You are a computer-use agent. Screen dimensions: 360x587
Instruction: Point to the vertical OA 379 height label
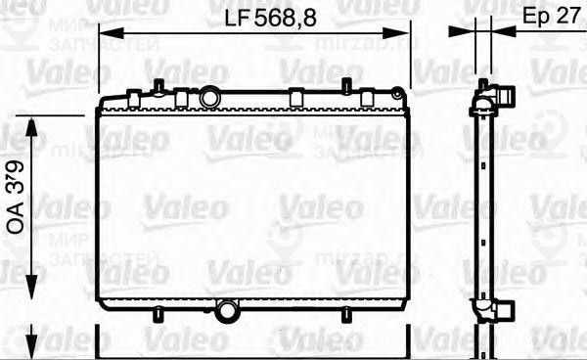(x=18, y=202)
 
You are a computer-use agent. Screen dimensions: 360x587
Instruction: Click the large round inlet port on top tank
(x=211, y=98)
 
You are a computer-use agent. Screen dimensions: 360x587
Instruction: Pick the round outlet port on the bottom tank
(x=228, y=312)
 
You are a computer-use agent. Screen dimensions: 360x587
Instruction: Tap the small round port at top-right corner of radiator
(x=396, y=94)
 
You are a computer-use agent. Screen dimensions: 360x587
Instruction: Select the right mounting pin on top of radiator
(x=346, y=85)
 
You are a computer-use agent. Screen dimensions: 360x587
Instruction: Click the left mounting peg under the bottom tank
(x=157, y=314)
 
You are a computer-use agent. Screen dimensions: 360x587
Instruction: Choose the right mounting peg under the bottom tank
(x=345, y=314)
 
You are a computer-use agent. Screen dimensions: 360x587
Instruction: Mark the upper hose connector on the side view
(x=502, y=97)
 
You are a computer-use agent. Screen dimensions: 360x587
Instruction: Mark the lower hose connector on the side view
(x=502, y=308)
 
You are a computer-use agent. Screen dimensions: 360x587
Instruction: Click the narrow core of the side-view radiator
(x=482, y=205)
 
